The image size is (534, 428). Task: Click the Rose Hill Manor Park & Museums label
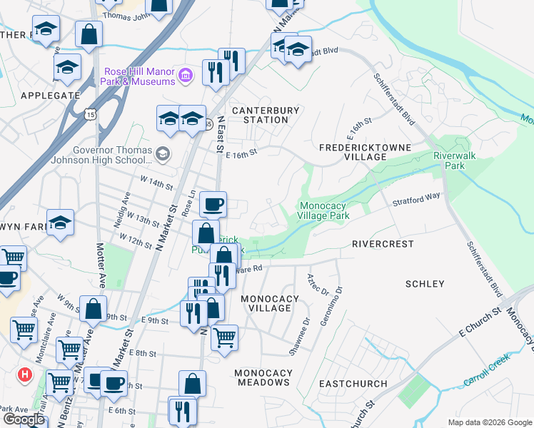pyautogui.click(x=140, y=77)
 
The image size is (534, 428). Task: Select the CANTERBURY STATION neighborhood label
pyautogui.click(x=260, y=115)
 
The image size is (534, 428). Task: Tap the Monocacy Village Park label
pyautogui.click(x=323, y=210)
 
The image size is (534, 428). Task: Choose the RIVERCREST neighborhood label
pyautogui.click(x=383, y=244)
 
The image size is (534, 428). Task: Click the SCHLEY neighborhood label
pyautogui.click(x=425, y=284)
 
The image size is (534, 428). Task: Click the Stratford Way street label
pyautogui.click(x=417, y=200)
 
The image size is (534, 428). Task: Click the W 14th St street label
pyautogui.click(x=156, y=185)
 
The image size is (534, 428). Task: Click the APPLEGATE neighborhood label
pyautogui.click(x=50, y=95)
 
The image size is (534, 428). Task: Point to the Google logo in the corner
pyautogui.click(x=24, y=419)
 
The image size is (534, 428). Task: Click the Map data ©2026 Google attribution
pyautogui.click(x=490, y=422)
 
